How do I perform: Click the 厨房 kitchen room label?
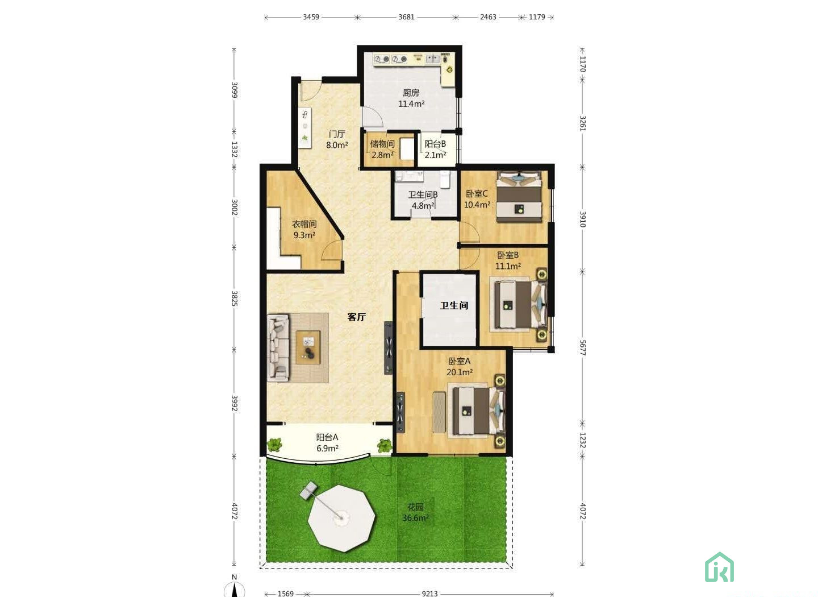tap(411, 98)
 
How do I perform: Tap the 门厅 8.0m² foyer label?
tap(337, 140)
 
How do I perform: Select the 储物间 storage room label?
tap(382, 149)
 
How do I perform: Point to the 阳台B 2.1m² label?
tap(435, 149)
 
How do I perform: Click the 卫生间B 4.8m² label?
tap(423, 200)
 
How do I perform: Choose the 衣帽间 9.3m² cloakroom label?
tap(304, 229)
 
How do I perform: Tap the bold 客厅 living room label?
tap(356, 317)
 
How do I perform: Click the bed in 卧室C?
tap(519, 197)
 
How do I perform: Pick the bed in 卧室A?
tap(479, 411)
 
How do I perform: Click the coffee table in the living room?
tap(308, 347)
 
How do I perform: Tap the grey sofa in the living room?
tap(278, 347)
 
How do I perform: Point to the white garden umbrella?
tap(341, 518)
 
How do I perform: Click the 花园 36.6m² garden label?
tap(416, 512)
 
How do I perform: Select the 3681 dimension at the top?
tap(407, 17)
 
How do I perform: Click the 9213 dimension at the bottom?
tap(429, 594)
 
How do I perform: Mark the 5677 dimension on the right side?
tap(583, 347)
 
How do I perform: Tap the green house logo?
tap(719, 567)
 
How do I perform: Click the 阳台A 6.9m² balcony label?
tap(327, 443)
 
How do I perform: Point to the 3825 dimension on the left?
tap(235, 298)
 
